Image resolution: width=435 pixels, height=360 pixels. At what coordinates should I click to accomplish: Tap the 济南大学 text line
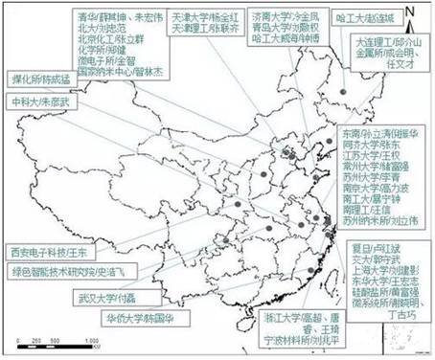(284, 16)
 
